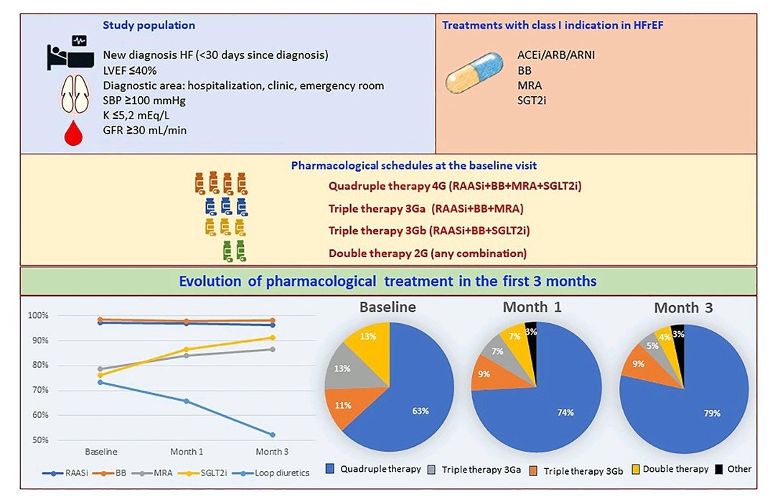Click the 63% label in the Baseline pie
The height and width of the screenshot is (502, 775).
click(x=421, y=411)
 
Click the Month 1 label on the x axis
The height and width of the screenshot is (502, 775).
click(x=187, y=452)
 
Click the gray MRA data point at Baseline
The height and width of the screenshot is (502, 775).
click(x=100, y=368)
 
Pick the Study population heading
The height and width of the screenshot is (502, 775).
click(x=149, y=25)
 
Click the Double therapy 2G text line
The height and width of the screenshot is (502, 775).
click(x=427, y=253)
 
